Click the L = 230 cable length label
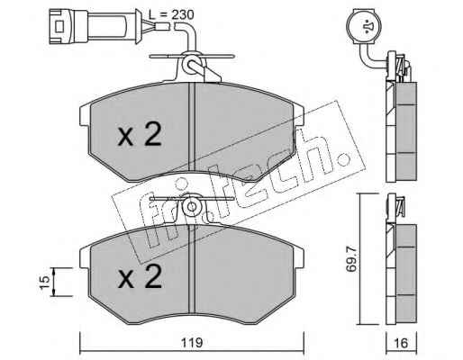171,14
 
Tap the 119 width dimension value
192,343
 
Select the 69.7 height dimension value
350,259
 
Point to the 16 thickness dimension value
402,343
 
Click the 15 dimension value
44,282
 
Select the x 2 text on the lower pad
140,276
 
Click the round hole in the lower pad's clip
191,206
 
